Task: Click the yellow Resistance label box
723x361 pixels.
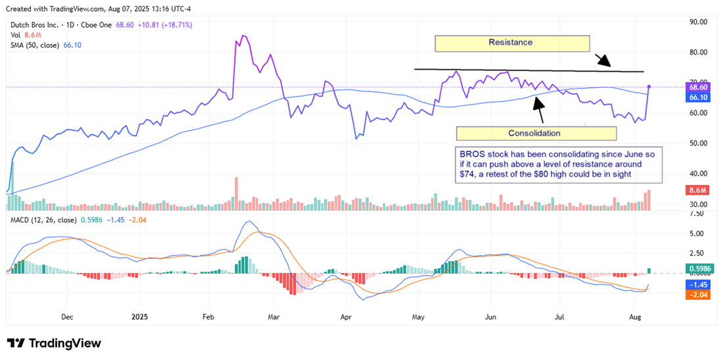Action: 511,43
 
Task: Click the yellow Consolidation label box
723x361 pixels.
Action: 536,133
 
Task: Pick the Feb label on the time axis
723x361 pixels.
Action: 208,316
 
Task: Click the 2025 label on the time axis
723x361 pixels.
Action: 141,316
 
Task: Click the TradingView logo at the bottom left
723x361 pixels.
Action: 54,343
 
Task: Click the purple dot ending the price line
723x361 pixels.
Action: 649,87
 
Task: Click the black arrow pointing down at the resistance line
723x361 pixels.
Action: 604,60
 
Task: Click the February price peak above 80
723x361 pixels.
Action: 243,36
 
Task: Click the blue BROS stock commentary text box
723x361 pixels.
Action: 559,164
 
